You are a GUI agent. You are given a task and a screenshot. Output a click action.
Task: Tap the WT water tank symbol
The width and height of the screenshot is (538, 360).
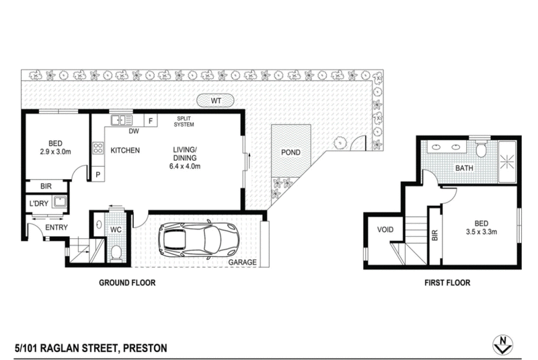(216, 100)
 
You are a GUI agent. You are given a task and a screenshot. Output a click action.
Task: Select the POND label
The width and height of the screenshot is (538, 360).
(291, 153)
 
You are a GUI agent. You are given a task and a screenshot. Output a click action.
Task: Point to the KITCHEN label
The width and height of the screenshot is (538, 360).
(125, 150)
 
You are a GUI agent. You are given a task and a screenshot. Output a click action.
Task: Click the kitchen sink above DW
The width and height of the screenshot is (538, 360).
(122, 120)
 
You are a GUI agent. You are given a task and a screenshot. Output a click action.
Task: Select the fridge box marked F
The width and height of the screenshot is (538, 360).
(151, 121)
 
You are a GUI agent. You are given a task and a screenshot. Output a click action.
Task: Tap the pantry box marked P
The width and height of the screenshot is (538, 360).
(98, 174)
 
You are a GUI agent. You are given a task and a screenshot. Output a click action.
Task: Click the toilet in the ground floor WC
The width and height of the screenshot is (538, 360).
(116, 252)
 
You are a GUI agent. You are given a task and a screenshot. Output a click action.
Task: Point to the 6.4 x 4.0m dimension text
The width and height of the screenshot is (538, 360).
(185, 166)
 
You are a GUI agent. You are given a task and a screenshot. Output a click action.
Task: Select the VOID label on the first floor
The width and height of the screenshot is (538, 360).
(385, 229)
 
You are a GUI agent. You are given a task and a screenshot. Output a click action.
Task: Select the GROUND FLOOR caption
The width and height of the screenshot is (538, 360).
(127, 283)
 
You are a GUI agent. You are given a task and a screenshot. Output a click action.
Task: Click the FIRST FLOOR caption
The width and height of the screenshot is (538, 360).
(447, 283)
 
